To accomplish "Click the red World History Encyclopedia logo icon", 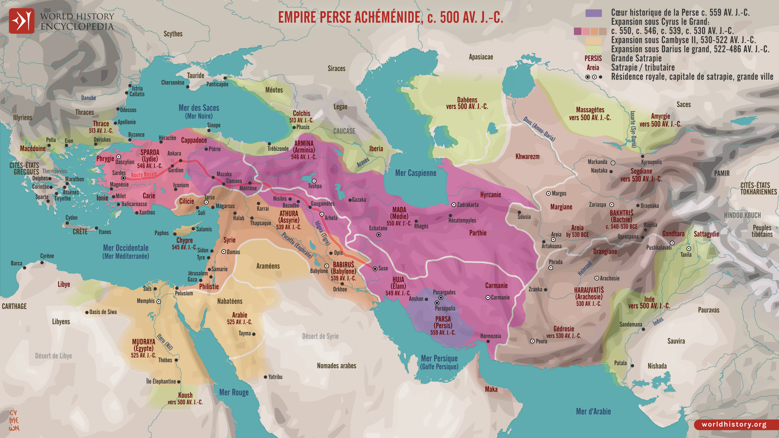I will point(22,21).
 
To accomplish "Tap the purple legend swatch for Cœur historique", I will point(593,13).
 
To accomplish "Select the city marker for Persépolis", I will point(437,303).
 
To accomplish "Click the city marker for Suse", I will point(375,269).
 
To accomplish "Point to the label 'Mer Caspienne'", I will point(415,173).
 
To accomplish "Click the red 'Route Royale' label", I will point(144,175).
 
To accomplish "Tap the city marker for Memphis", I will point(159,302).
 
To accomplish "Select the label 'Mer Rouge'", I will point(234,392).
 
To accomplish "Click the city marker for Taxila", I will point(689,249).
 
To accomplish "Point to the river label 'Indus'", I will point(658,322).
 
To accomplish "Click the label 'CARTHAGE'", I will point(14,306).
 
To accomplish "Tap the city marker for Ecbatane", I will point(379,235).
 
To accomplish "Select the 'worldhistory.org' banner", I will point(734,424).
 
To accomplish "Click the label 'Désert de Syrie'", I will point(320,336).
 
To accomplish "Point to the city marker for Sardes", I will point(123,178).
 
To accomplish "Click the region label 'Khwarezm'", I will point(527,157).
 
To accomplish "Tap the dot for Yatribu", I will point(265,377).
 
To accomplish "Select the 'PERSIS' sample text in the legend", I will point(593,58).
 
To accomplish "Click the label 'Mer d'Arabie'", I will point(593,412).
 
